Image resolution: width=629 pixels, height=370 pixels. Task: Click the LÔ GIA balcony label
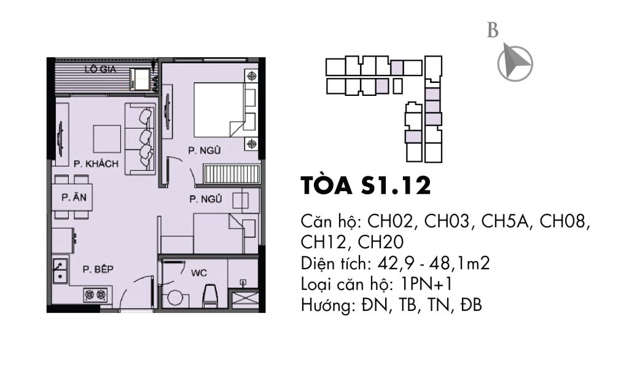[x=100, y=69]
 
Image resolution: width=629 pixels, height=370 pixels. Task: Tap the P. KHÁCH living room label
[x=96, y=163]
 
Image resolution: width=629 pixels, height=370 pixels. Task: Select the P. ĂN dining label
[x=74, y=197]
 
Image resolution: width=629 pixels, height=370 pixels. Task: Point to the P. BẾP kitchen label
[x=98, y=269]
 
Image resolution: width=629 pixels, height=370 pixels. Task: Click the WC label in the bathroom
[x=199, y=274]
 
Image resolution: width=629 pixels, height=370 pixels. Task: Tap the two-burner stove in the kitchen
[x=96, y=296]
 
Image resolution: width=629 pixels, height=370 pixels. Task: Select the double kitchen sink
[x=60, y=270]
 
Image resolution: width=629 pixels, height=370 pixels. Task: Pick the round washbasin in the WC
[x=175, y=299]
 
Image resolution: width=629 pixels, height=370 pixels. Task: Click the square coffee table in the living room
[x=107, y=139]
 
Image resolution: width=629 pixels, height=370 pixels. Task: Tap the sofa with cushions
[x=140, y=139]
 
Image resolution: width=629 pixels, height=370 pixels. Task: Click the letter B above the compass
[x=493, y=31]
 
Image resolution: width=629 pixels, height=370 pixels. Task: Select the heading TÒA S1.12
[x=366, y=186]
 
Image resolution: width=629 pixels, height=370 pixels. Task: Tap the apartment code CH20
[x=381, y=242]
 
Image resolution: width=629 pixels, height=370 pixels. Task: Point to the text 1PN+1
[x=426, y=285]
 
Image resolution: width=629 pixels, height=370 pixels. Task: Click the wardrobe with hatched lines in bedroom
[x=232, y=174]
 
